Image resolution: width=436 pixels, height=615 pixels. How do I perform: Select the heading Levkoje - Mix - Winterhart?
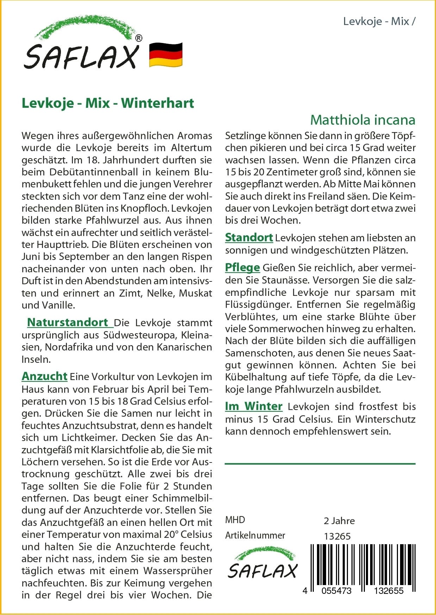[x=108, y=103]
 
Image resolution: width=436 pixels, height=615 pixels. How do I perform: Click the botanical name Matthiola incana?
[x=362, y=120]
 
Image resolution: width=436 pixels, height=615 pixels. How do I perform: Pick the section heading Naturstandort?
[x=68, y=322]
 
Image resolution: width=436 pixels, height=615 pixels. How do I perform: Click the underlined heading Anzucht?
[x=44, y=376]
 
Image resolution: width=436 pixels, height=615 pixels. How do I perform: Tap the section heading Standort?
[x=249, y=237]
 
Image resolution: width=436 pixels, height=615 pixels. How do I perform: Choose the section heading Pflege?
[x=242, y=268]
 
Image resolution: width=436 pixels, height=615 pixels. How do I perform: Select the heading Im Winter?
[x=254, y=406]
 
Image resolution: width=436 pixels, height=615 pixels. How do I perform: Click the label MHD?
[x=235, y=520]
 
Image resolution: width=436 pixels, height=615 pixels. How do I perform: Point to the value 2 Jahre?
[x=339, y=521]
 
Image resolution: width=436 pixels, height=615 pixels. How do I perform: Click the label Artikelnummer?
[x=255, y=535]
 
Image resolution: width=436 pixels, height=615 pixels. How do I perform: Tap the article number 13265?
[x=337, y=536]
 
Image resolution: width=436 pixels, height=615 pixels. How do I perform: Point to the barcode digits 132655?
[x=388, y=591]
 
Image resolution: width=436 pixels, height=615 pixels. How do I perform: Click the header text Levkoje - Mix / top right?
[x=379, y=21]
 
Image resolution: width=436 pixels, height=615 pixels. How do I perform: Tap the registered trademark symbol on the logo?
[x=139, y=38]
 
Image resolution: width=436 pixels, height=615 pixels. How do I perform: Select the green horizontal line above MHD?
[x=320, y=464]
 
